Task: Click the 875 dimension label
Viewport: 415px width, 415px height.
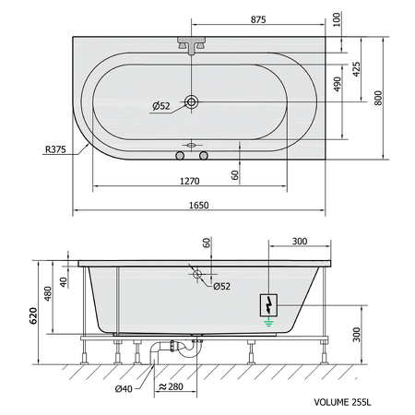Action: (258, 19)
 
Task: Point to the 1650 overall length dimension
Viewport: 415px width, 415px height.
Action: (198, 205)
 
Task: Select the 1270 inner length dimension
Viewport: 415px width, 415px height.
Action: (189, 181)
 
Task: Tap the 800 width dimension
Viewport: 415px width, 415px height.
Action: (378, 98)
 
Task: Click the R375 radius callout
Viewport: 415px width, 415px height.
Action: (55, 149)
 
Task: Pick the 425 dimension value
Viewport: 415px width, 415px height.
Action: (356, 69)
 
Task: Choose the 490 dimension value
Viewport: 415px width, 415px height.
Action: (338, 84)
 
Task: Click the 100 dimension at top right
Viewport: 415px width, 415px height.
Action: (337, 19)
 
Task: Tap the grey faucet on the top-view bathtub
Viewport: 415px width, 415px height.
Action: (191, 45)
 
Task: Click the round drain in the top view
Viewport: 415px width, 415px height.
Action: (191, 101)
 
